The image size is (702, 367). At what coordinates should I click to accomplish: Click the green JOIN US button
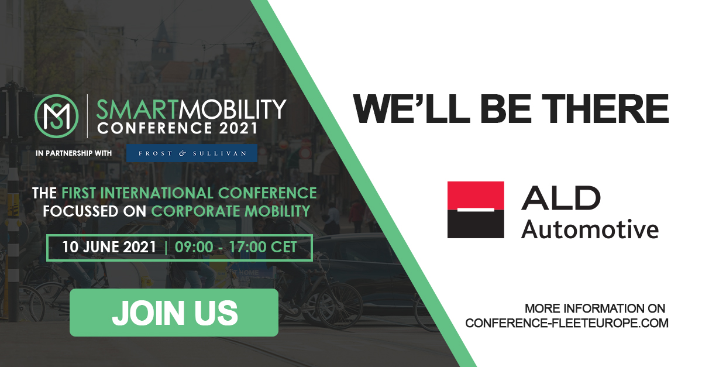(174, 313)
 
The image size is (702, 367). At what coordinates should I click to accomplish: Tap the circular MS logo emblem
(57, 114)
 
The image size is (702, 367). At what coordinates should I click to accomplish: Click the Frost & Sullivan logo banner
(192, 153)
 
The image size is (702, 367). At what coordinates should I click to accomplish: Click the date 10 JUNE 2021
(109, 247)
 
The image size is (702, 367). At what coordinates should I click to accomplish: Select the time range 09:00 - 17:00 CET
(236, 247)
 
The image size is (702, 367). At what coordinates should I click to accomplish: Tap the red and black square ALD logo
(476, 210)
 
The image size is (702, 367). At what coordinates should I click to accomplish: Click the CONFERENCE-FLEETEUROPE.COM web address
(566, 323)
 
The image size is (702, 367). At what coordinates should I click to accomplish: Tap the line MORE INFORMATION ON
(595, 308)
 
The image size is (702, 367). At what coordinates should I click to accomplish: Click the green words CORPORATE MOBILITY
(230, 211)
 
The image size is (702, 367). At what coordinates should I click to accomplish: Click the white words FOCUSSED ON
(95, 211)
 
